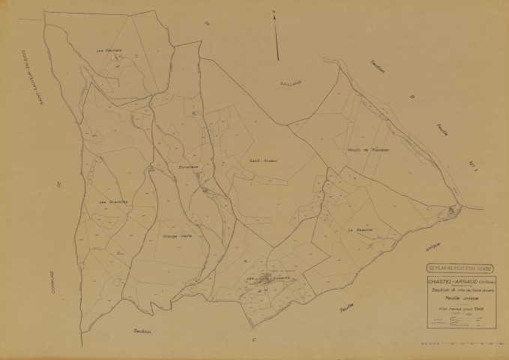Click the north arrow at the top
pos(277,34)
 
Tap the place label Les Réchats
pos(109,51)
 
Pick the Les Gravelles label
pos(112,202)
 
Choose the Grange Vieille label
pos(174,235)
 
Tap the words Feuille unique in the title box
pos(454,298)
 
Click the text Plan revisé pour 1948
pos(456,309)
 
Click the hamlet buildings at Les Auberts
pos(264,281)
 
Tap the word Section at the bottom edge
pos(142,331)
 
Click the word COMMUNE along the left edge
pos(52,285)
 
